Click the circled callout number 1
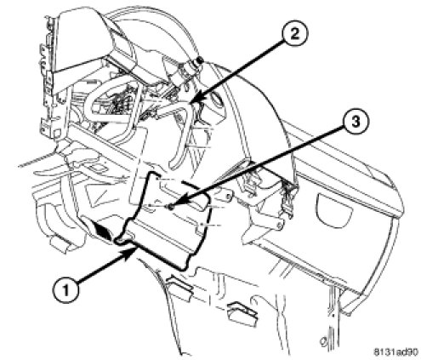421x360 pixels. [66, 290]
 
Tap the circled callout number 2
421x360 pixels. [294, 36]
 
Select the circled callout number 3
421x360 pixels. [356, 123]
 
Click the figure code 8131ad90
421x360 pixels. [395, 352]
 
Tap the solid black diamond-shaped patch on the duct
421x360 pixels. [104, 231]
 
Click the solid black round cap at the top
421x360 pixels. [200, 60]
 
